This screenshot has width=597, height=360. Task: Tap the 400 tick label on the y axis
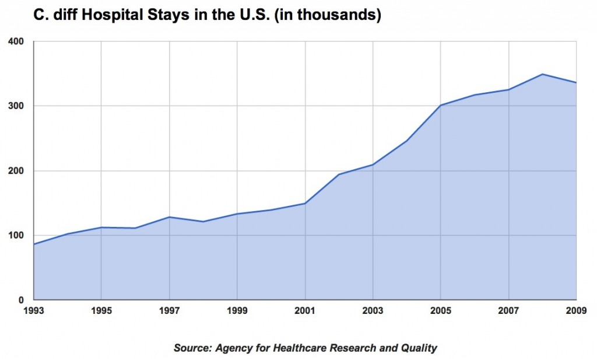[x=16, y=41]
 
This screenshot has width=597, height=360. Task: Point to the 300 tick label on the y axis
[x=16, y=106]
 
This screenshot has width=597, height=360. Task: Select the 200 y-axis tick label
[x=16, y=171]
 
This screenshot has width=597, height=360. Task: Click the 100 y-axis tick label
[x=16, y=236]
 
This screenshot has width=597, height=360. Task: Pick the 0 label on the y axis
[x=22, y=300]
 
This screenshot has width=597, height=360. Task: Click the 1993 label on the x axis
[x=33, y=310]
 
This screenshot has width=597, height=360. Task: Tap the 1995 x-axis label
[x=101, y=310]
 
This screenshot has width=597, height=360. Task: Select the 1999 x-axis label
[x=237, y=310]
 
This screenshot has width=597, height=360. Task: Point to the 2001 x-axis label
[x=305, y=310]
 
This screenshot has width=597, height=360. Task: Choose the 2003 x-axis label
[x=373, y=310]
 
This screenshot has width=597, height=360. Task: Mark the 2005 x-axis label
[x=441, y=310]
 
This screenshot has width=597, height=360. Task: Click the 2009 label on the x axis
[x=577, y=310]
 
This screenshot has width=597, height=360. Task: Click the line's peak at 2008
[x=543, y=74]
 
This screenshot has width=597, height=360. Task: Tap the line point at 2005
[x=441, y=105]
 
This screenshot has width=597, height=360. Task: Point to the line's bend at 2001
[x=305, y=203]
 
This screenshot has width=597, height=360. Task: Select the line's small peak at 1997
[x=169, y=217]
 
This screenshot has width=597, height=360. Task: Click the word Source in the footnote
[x=192, y=348]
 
